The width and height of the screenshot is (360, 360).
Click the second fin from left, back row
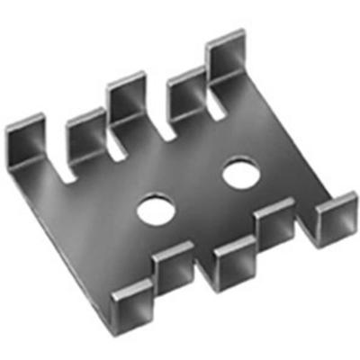click(x=85, y=135)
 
